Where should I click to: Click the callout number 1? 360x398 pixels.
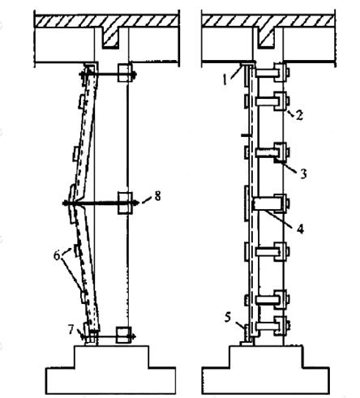tap(225, 79)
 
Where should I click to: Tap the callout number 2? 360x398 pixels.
tap(299, 115)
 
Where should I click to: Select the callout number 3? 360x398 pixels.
tap(303, 173)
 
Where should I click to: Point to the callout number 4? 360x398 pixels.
tap(300, 229)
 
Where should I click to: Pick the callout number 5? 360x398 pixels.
tap(228, 317)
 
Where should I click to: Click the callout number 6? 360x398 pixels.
tap(57, 255)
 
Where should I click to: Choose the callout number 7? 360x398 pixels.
tap(71, 329)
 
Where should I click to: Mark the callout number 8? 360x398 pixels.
tap(157, 196)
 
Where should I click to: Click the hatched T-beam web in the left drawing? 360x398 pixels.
tap(110, 38)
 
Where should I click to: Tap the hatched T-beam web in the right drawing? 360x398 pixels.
tap(267, 38)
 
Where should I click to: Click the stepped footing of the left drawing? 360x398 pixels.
tap(111, 369)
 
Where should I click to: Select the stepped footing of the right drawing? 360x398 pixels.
tap(266, 369)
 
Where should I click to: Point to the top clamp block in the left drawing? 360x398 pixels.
tap(125, 72)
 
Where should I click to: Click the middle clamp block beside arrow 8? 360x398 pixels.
tap(125, 203)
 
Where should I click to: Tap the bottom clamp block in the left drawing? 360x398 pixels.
tap(123, 335)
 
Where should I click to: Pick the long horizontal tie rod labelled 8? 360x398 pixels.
tap(101, 203)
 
